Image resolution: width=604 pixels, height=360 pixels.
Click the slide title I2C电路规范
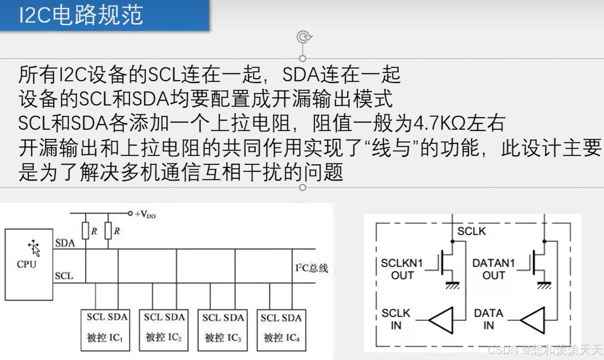coord(81,15)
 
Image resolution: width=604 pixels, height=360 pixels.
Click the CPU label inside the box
coord(27,264)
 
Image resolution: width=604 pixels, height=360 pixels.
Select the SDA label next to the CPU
coord(65,243)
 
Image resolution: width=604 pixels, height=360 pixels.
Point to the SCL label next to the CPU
coord(64,276)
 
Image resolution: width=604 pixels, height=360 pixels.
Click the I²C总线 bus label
coord(312,268)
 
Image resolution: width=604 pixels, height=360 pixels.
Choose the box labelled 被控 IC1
coord(105,330)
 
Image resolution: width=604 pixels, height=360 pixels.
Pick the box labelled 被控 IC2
coord(164,330)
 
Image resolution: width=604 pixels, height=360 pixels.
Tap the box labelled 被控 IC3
coord(223,330)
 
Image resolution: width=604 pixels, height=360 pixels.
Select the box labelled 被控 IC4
coord(281,330)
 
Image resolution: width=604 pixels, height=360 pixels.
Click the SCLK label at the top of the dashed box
coord(471,231)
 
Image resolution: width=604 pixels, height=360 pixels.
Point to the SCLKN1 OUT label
coord(402,269)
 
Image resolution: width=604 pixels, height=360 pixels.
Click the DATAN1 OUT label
coord(494,269)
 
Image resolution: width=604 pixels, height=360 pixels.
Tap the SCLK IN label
coord(396,319)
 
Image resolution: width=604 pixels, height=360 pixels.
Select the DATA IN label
coord(489,319)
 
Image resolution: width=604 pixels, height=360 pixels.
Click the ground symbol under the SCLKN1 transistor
coord(452,285)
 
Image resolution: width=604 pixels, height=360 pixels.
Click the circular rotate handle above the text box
coord(303,37)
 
